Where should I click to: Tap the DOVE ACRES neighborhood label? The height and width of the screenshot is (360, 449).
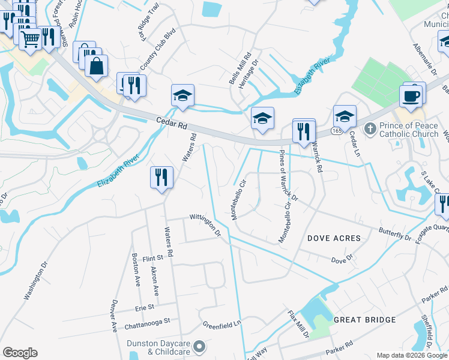(334, 238)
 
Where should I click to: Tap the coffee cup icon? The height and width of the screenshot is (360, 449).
(411, 96)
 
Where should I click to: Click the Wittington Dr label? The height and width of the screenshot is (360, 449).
(205, 224)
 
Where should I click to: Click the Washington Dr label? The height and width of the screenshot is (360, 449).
(35, 281)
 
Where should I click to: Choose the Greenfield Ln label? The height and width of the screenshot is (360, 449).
(221, 323)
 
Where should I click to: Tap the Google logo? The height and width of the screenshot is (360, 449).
(20, 353)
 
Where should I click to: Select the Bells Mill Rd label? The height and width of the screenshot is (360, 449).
(235, 71)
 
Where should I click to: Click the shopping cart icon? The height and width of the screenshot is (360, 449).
(30, 40)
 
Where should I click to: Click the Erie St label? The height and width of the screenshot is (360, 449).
(144, 307)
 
